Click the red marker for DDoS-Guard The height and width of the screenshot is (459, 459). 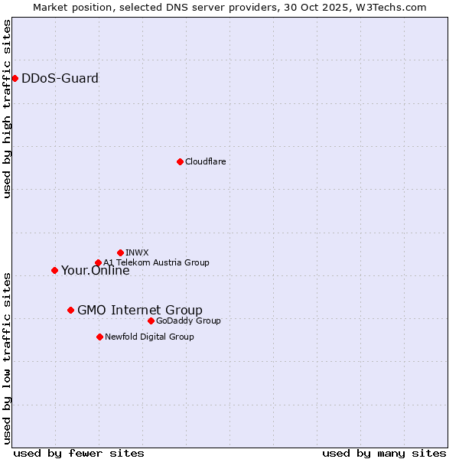(x=15, y=78)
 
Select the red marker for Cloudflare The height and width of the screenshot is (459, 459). (x=180, y=161)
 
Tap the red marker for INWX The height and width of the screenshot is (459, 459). (x=120, y=252)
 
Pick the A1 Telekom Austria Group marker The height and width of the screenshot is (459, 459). (x=98, y=263)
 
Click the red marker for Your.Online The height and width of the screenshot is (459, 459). (x=54, y=270)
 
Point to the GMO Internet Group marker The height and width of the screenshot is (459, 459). (x=70, y=310)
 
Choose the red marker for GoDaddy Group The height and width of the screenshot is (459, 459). (x=151, y=321)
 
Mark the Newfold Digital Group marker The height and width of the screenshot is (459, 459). (x=99, y=337)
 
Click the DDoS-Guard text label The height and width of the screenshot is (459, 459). (x=60, y=78)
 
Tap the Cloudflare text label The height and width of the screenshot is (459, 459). (x=206, y=161)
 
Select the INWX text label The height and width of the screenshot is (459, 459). (x=137, y=252)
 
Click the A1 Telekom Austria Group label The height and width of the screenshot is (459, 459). (x=156, y=262)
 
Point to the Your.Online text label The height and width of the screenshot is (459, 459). (x=96, y=271)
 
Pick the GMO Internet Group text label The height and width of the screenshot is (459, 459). (x=140, y=310)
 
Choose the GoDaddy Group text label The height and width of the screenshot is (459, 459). (x=188, y=321)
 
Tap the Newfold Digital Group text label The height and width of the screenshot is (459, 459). (x=149, y=337)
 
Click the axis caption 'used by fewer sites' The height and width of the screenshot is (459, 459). (x=79, y=453)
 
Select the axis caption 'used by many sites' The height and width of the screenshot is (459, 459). (x=384, y=453)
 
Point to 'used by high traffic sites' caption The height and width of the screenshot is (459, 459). (x=7, y=109)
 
